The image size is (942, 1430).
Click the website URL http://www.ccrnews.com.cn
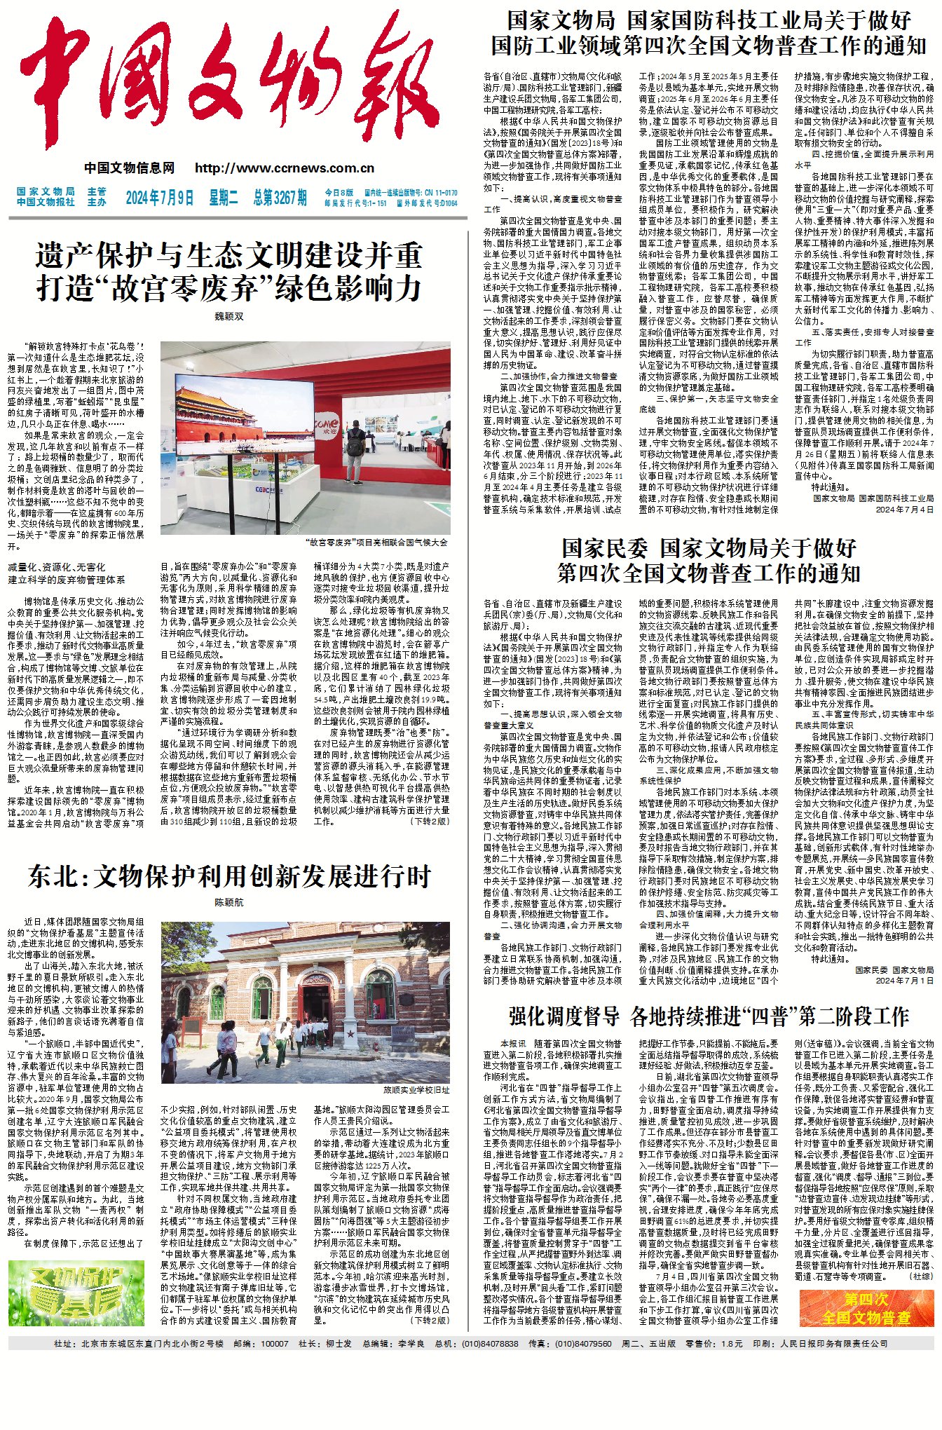285,168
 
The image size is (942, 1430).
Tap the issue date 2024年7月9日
159,198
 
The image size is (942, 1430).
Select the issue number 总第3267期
280,198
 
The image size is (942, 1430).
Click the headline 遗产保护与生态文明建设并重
228,256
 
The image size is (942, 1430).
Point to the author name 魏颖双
228,316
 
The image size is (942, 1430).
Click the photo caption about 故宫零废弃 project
376,542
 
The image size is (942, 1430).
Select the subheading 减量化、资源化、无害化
57,566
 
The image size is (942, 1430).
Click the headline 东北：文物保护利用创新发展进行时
228,876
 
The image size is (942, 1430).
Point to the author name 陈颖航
228,903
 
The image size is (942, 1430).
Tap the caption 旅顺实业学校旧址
416,1090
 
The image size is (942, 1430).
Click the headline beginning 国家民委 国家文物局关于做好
708,547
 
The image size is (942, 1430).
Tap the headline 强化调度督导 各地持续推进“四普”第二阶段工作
708,1016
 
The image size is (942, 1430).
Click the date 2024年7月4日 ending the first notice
904,510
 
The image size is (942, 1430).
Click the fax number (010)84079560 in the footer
583,1343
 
